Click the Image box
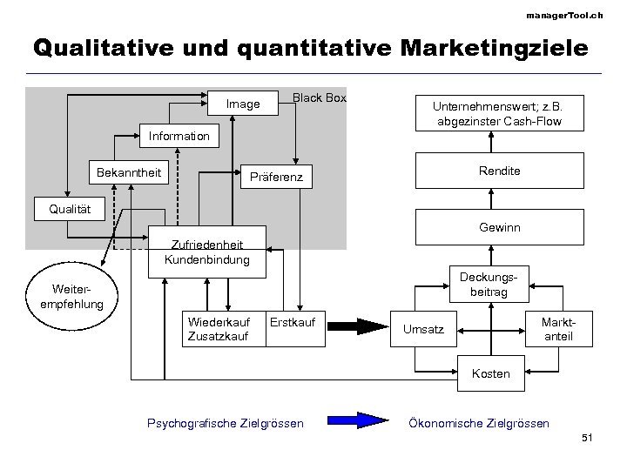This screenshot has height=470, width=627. coord(243,104)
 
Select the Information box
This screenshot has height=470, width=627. coord(179,137)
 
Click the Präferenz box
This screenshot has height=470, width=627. coord(276,178)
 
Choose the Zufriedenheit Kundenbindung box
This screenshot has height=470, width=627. coord(206,252)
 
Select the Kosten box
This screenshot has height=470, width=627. coord(490,374)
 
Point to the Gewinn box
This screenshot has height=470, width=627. coord(499,226)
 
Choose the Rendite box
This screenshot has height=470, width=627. coord(499,171)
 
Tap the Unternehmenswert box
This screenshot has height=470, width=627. coord(499,112)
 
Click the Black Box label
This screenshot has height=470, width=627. coord(320,98)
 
